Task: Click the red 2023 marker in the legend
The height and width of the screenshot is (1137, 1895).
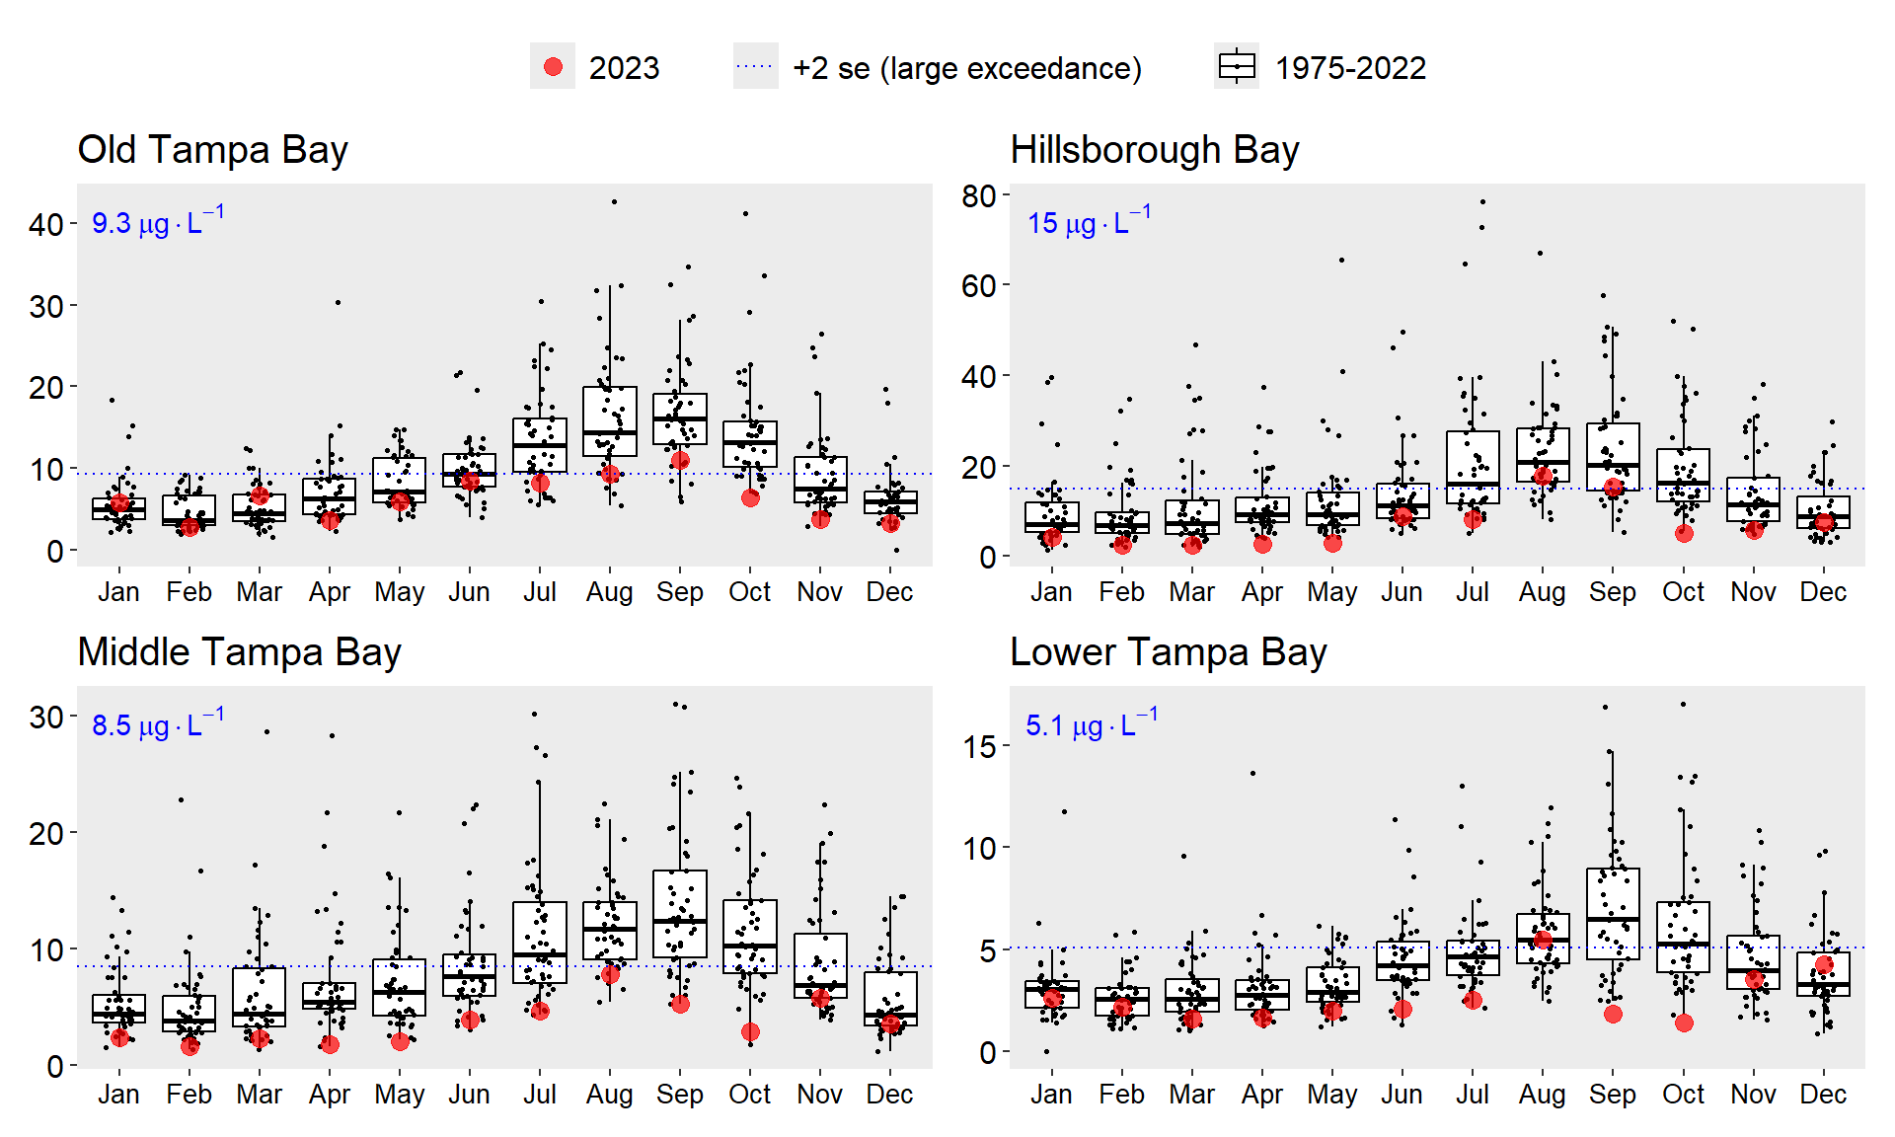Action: click(x=553, y=67)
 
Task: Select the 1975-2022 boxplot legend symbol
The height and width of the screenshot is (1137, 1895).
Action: click(x=1237, y=67)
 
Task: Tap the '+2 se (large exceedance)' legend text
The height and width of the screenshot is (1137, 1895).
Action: click(x=966, y=68)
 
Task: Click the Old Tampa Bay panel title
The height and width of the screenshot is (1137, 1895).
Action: click(x=212, y=150)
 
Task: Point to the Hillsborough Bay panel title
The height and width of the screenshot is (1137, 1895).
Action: click(x=1154, y=150)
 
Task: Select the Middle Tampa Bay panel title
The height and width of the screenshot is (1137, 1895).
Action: click(x=239, y=652)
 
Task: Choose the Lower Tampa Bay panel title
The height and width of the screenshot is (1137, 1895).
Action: click(x=1168, y=652)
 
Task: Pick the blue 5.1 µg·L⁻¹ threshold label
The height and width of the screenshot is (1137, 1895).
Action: click(x=1091, y=723)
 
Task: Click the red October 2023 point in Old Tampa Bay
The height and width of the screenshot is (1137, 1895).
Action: click(x=750, y=497)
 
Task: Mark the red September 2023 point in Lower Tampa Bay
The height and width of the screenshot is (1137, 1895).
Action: click(x=1613, y=1014)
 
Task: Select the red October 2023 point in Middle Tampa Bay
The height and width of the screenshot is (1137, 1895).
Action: click(x=750, y=1031)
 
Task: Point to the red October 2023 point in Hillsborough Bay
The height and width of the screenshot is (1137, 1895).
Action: click(x=1684, y=533)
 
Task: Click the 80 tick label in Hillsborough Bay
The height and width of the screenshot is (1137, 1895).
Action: click(x=979, y=196)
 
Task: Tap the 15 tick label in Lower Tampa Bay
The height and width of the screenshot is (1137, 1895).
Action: click(x=979, y=747)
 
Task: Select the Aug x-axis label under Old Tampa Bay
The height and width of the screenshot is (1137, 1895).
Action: click(x=609, y=592)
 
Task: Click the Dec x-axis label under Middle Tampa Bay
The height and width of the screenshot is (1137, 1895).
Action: click(x=889, y=1095)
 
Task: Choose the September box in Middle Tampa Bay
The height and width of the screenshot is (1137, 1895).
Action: click(x=680, y=913)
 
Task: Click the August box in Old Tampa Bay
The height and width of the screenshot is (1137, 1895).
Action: click(x=610, y=421)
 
